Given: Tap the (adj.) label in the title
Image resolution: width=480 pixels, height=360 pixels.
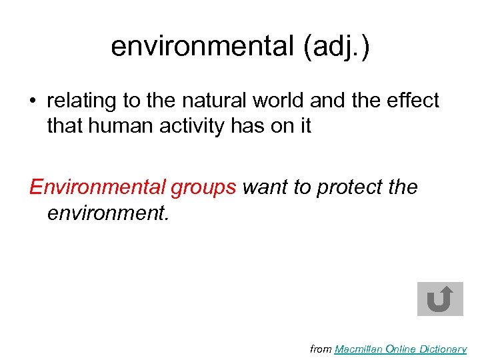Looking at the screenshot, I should click(338, 46).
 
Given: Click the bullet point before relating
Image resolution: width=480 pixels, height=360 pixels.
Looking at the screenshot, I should click(33, 101).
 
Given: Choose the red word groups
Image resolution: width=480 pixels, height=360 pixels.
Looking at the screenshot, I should click(203, 189).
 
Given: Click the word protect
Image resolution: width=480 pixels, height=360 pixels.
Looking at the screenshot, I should click(347, 189).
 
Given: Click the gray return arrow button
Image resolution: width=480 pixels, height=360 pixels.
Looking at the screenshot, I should click(440, 299).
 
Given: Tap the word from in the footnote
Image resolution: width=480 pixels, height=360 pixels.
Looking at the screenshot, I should click(321, 349).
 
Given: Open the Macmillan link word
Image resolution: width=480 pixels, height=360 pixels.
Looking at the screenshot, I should click(361, 349).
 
